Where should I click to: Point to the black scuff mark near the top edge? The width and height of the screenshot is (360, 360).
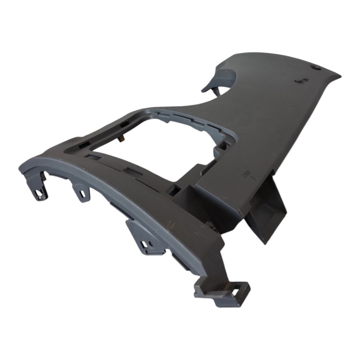point(301,81)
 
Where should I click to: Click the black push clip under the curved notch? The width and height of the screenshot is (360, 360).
point(216,91)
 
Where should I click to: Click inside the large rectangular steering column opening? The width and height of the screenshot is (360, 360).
point(156,147)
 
